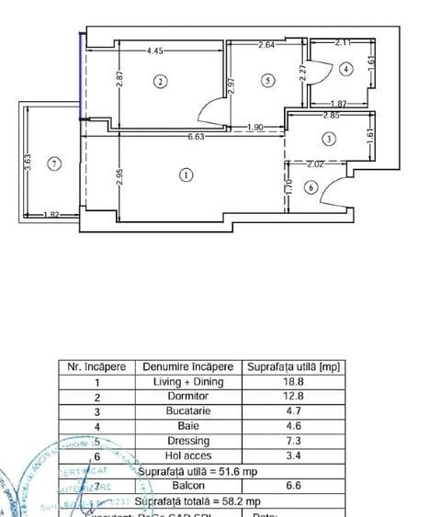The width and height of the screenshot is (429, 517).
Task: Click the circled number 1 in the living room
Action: click(186, 174)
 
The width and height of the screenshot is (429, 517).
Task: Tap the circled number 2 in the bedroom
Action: click(160, 81)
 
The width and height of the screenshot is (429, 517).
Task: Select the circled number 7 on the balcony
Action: click(55, 163)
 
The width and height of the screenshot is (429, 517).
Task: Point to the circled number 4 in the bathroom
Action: click(345, 69)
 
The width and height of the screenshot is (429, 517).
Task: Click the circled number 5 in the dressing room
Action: click(267, 81)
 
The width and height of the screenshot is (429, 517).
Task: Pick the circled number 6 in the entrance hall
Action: click(310, 188)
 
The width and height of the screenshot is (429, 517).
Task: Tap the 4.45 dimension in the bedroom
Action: click(154, 51)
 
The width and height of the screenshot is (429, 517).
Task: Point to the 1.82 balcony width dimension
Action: click(52, 215)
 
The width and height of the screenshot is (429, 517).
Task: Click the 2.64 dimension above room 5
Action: click(266, 44)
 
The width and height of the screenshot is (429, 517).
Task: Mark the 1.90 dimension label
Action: click(255, 127)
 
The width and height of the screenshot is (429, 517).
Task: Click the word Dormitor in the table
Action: click(187, 396)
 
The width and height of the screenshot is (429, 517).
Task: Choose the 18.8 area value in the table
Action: click(293, 381)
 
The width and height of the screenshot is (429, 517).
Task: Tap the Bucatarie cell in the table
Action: click(187, 410)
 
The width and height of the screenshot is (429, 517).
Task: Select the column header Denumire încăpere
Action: click(187, 365)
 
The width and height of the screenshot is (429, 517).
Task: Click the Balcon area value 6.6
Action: click(293, 486)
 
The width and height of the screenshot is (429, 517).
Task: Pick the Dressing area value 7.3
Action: click(293, 441)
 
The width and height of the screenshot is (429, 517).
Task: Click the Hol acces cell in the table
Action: click(187, 455)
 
